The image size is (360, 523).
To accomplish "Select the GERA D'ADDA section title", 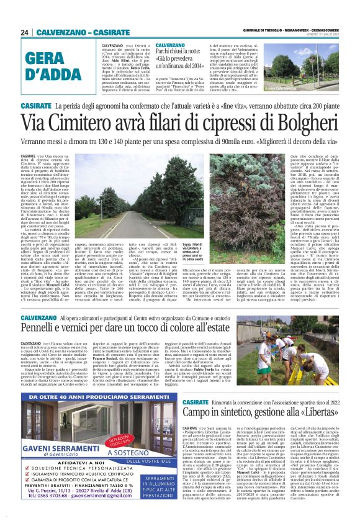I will click(x=55, y=67).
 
